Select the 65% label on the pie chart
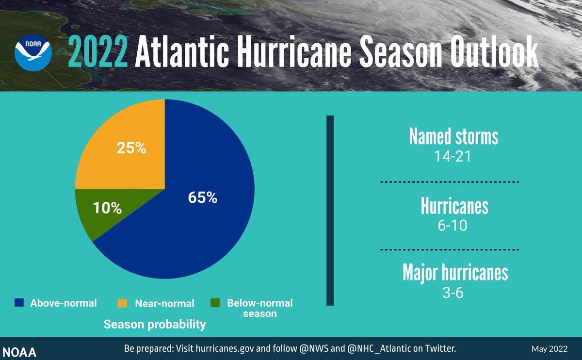[203, 198]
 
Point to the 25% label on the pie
[131, 148]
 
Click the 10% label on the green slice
[107, 209]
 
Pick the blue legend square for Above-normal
[19, 303]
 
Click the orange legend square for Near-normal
[123, 303]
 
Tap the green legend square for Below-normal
[215, 303]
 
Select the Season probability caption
[155, 324]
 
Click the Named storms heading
[453, 137]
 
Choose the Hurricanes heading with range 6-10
[454, 206]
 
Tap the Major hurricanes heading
[455, 273]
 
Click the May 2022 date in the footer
[550, 349]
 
